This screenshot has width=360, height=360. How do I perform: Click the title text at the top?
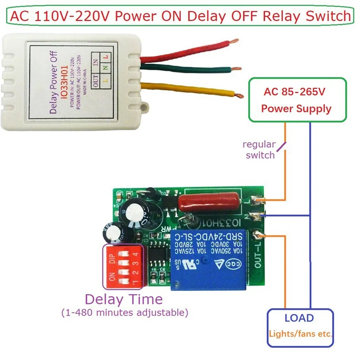click(x=180, y=17)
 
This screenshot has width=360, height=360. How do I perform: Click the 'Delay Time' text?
click(x=124, y=299)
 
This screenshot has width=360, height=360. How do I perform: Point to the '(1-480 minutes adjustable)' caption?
click(x=125, y=312)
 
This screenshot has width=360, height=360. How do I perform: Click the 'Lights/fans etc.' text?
click(x=300, y=334)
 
